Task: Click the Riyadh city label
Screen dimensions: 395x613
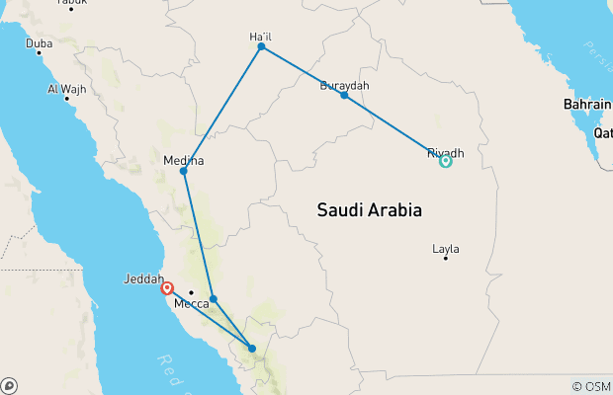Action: (445, 153)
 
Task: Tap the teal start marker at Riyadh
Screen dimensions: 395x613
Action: (446, 161)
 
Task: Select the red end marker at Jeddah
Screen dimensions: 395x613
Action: (167, 289)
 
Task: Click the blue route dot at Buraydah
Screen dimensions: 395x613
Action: (344, 96)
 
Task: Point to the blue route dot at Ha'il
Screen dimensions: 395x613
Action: (261, 46)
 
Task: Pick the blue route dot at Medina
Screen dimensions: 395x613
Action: (184, 172)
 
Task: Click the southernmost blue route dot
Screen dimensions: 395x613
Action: (252, 348)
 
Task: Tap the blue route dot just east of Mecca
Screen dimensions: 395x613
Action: (214, 299)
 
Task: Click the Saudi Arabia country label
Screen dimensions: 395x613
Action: (370, 210)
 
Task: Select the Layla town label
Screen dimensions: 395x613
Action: (446, 249)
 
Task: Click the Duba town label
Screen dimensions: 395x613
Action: (39, 43)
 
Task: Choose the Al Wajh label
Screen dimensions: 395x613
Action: (66, 89)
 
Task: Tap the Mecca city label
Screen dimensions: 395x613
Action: (191, 304)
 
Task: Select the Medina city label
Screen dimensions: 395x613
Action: (183, 160)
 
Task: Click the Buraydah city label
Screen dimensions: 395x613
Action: (344, 86)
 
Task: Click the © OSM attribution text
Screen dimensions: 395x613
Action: (590, 386)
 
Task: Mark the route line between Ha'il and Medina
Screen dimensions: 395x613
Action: (222, 109)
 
